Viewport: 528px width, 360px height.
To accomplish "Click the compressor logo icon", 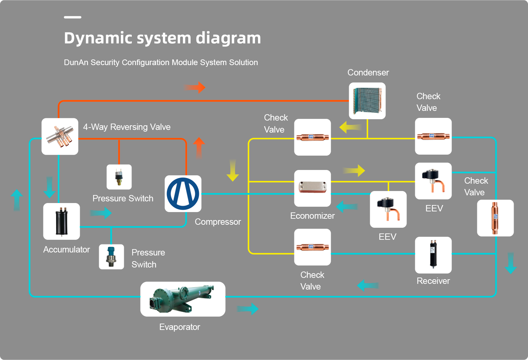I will coord(183,194).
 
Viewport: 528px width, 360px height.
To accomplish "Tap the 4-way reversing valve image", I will coord(60,136).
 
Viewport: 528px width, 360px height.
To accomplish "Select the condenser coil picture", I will coord(367,101).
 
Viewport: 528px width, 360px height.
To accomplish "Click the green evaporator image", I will coord(183,299).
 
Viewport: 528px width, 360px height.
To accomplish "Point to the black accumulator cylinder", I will coord(61,221).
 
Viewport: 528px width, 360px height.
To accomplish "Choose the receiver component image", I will coord(433,255).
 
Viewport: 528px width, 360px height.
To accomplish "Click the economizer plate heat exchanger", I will coord(312,188).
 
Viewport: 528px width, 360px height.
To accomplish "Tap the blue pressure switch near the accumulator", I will coord(111,257).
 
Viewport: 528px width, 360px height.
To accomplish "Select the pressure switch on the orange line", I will coord(119,177).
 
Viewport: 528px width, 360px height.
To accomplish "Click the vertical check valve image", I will coord(495,218).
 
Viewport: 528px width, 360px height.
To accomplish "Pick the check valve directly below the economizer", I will coord(312,247).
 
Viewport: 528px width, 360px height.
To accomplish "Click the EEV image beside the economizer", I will coord(388,209).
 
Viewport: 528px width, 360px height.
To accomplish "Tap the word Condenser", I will coord(368,72).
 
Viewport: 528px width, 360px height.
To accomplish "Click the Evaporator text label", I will coord(180,327).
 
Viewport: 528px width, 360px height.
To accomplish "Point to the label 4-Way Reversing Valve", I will coord(127,127).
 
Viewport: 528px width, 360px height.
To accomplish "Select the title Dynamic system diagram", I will coord(162,38).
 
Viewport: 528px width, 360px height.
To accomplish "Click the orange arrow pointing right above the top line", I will coord(195,87).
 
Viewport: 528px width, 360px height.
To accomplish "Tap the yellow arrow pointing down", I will coord(233,170).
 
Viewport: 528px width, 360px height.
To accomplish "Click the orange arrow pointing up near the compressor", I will coord(199,148).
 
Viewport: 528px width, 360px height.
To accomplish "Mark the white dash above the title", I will coord(72,17).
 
